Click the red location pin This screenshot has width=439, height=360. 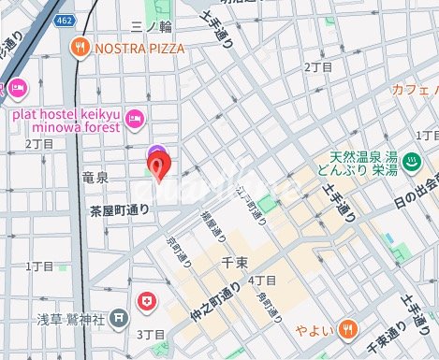click(160, 167)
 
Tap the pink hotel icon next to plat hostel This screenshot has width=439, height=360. click(135, 117)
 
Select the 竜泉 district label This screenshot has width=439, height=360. click(97, 176)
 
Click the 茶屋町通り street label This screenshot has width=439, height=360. click(119, 210)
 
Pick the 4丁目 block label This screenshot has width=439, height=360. click(263, 281)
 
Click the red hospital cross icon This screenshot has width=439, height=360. click(146, 301)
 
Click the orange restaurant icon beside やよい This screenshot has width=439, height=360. click(347, 327)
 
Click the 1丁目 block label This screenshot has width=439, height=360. click(39, 266)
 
